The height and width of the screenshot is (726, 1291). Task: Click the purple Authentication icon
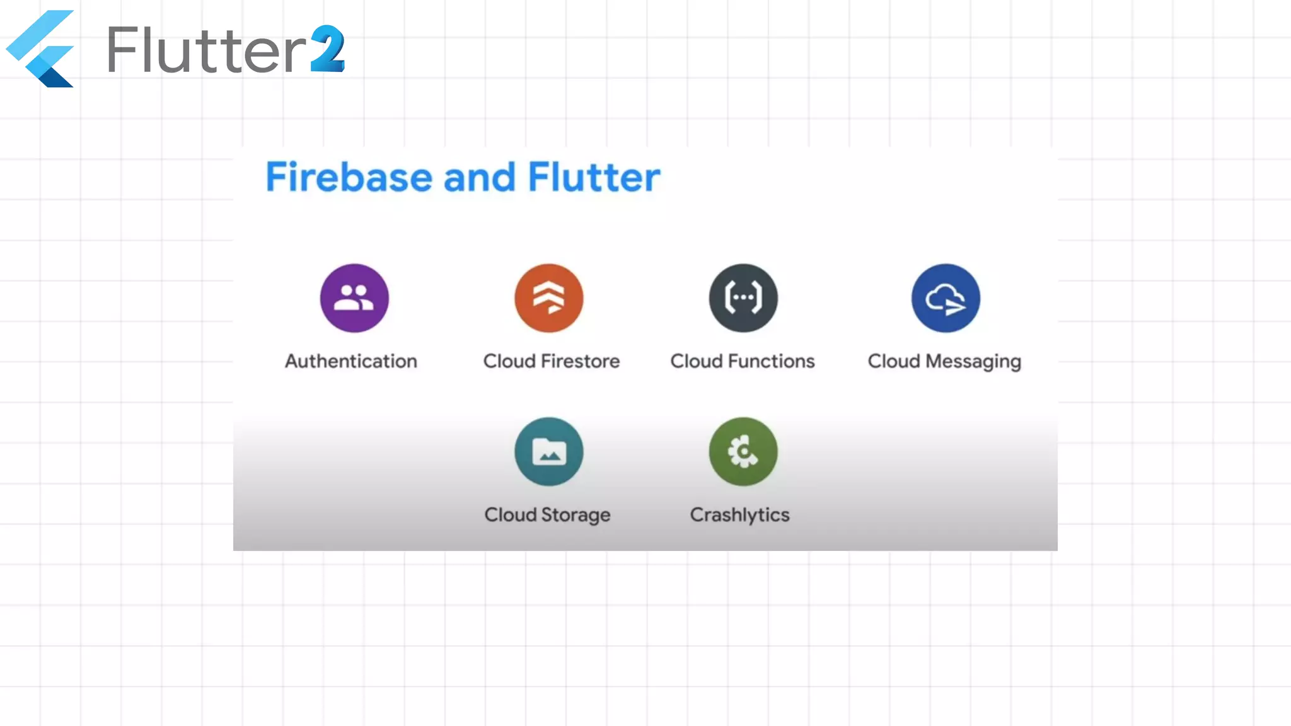354,298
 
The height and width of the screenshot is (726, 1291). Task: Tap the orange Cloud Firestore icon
549,298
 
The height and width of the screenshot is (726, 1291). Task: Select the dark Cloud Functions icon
743,298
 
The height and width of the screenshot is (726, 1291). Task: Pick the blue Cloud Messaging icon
946,298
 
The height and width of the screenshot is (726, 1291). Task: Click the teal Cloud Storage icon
549,451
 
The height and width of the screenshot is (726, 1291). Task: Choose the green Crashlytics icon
743,451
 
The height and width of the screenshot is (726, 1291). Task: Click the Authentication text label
351,361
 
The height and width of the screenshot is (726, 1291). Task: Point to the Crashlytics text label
739,515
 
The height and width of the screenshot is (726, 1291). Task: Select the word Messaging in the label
973,362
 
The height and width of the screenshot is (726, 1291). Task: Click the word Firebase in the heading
349,177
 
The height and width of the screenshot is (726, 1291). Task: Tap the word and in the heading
480,177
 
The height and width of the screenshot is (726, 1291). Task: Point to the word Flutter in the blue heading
594,177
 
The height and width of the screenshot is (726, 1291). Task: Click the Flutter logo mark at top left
40,49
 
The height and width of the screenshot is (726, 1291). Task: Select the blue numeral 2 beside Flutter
328,49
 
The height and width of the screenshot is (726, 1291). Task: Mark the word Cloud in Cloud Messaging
894,361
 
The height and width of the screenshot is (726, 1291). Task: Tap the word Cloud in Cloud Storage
510,515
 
